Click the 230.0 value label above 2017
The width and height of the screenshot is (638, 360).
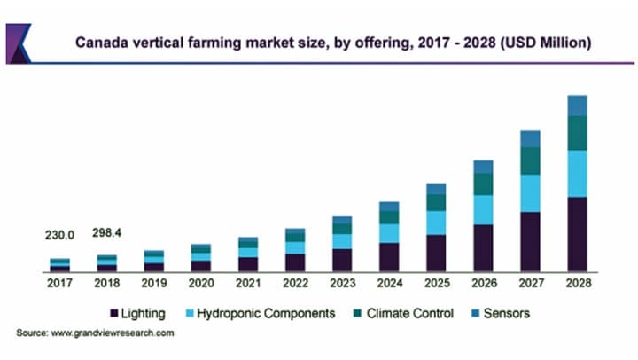59,235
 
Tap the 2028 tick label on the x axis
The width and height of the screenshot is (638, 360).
578,282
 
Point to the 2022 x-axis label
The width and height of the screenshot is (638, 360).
295,282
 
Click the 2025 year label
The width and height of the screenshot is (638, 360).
436,282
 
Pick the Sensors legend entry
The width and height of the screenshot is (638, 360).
503,313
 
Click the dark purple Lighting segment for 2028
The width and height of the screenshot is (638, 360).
578,234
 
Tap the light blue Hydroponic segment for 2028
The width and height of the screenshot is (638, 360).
578,174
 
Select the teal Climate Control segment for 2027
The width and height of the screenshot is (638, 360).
530,160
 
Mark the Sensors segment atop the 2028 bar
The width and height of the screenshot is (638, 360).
578,106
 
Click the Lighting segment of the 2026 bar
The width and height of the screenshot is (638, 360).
483,247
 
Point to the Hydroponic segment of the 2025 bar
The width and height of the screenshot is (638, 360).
436,223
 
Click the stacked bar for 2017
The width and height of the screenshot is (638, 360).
59,264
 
